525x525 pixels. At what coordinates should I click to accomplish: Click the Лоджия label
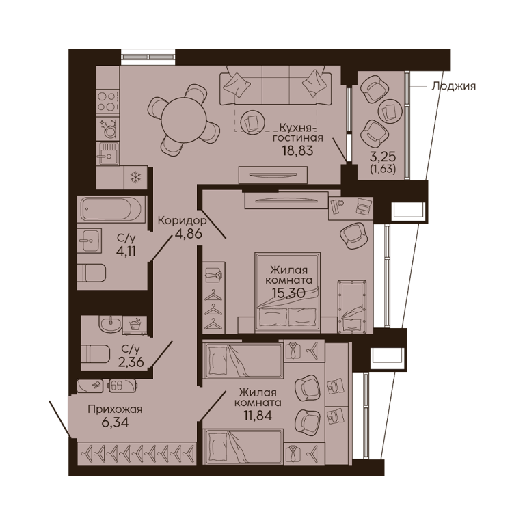pos(453,86)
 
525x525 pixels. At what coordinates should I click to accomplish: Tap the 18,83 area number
pos(297,150)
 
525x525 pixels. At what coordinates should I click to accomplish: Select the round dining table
pos(183,119)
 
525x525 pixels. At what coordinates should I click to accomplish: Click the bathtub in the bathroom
pos(111,209)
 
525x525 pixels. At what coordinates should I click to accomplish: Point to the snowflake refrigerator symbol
pos(135,178)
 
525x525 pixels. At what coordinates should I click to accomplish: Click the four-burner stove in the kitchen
pos(107,102)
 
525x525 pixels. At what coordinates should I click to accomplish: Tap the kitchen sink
pos(107,153)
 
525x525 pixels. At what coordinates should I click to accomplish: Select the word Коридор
pos(181,221)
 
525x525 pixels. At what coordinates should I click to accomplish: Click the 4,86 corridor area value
pos(189,234)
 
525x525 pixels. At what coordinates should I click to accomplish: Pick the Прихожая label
pos(115,409)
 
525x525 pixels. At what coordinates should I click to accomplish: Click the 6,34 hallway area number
pos(115,422)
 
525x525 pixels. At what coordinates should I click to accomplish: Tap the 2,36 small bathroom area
pos(131,362)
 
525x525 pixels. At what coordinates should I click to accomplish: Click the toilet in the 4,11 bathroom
pos(92,273)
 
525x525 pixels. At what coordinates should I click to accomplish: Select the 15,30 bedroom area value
pos(288,293)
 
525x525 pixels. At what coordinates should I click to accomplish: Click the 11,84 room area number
pos(258,415)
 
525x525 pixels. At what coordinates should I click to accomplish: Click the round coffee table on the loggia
pos(390,111)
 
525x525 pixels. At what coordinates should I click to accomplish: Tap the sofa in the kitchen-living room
pos(275,85)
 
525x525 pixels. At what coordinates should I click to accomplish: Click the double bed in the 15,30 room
pos(288,293)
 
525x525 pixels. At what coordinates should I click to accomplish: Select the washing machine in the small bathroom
pos(135,325)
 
